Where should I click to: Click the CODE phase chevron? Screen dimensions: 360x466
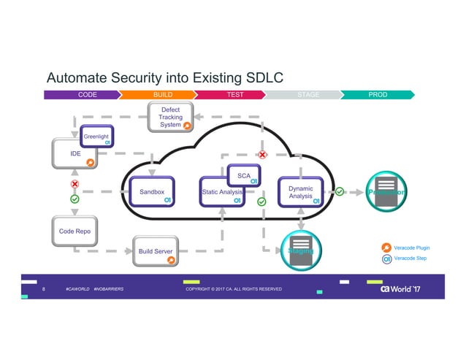coord(84,95)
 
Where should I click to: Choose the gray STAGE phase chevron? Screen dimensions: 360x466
coord(305,95)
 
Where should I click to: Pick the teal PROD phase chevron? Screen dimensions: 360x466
coord(377,95)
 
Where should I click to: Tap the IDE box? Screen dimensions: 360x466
coord(74,154)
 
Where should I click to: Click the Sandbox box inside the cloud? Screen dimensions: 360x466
coord(152,192)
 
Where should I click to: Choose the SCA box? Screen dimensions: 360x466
coord(245,176)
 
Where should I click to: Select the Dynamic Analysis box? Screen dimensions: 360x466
coord(300,192)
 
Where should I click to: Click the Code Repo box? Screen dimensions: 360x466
coord(74,231)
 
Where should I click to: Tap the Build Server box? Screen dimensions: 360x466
coord(156,251)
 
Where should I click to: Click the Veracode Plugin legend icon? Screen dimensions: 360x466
coord(386,247)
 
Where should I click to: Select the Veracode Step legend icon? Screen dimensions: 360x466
coord(386,258)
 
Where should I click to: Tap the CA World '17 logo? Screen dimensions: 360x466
coord(400,289)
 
